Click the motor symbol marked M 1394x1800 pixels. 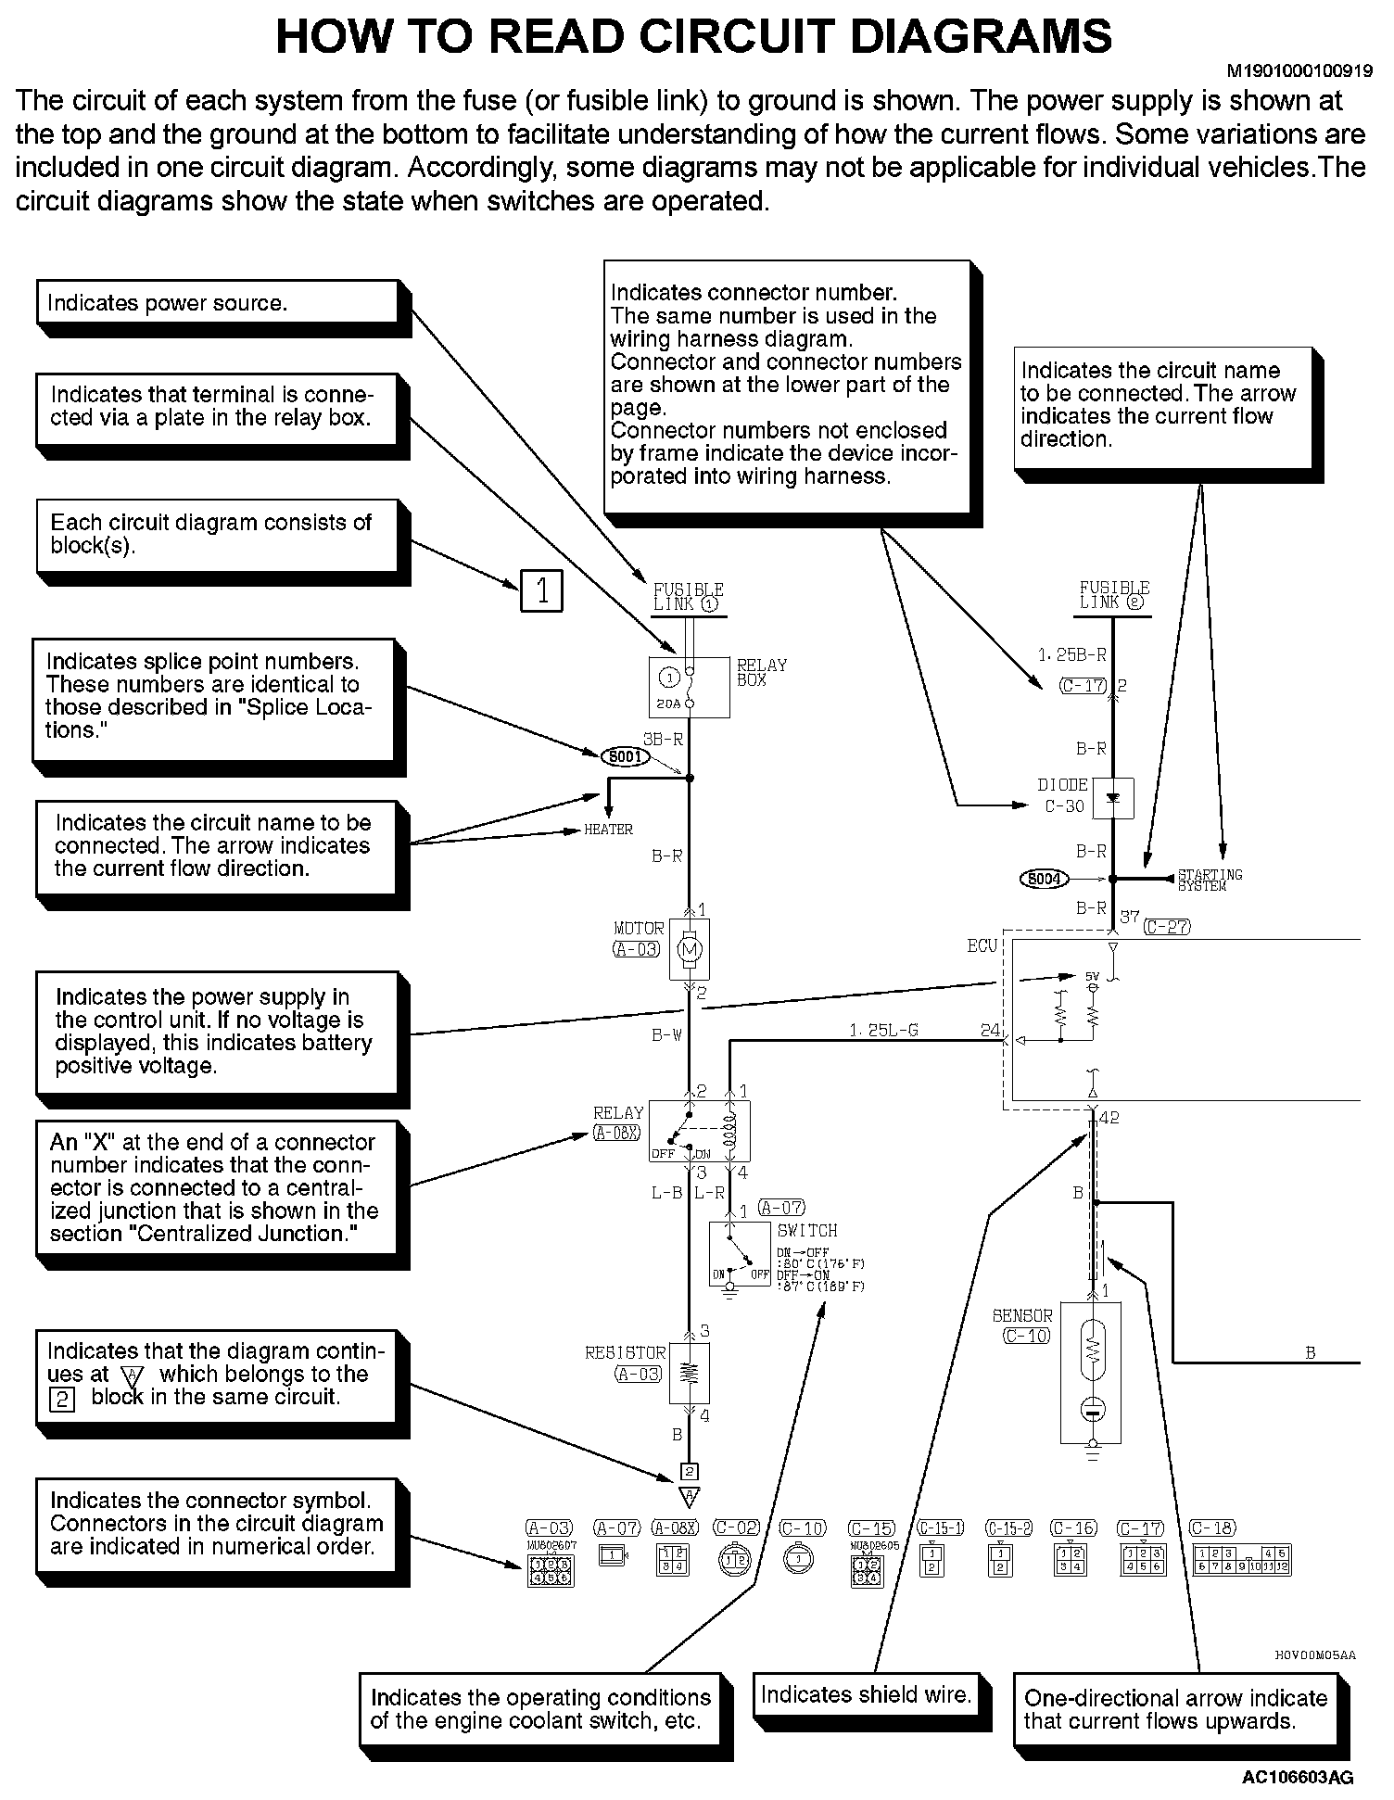coord(689,949)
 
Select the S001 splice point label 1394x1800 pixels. coord(626,757)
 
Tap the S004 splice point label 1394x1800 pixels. coord(1044,878)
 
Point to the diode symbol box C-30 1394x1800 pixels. coord(1113,799)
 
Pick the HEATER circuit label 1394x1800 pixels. coord(608,830)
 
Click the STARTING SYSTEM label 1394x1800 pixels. coord(1209,880)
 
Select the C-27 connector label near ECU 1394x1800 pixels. coord(1166,926)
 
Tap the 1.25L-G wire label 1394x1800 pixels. coord(883,1030)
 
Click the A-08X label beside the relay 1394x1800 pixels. coord(616,1132)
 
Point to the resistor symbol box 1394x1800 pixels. coord(689,1373)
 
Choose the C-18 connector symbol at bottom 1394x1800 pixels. coord(1241,1560)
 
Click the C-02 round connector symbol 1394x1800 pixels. coord(736,1562)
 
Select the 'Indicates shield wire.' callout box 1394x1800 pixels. coord(866,1695)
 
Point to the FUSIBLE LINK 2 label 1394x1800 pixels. coord(1114,595)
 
